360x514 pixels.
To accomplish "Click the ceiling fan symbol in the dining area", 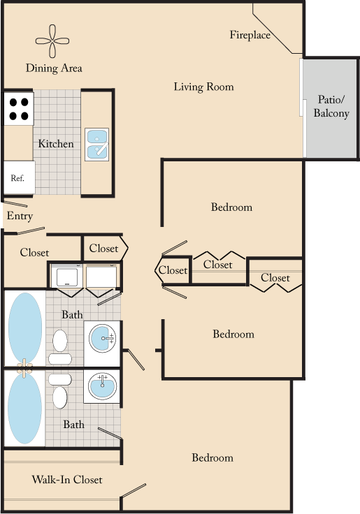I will pyautogui.click(x=53, y=41).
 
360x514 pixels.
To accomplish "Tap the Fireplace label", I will pyautogui.click(x=250, y=35).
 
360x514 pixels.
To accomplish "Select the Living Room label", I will pyautogui.click(x=203, y=87).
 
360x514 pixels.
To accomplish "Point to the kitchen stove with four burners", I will pyautogui.click(x=18, y=108).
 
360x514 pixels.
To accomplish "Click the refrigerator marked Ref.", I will pyautogui.click(x=18, y=178).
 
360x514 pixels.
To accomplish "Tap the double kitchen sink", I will pyautogui.click(x=96, y=143).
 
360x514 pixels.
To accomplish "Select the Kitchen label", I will pyautogui.click(x=56, y=144).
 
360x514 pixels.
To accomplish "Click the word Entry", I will pyautogui.click(x=20, y=216).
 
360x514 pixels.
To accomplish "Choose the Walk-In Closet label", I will pyautogui.click(x=67, y=480).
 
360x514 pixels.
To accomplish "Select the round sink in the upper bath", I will pyautogui.click(x=102, y=339).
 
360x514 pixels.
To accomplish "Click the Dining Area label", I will pyautogui.click(x=54, y=68).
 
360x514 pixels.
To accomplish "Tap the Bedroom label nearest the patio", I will pyautogui.click(x=231, y=207).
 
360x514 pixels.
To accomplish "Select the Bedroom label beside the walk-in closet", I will pyautogui.click(x=213, y=458).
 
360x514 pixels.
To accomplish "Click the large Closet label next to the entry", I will pyautogui.click(x=34, y=253).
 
